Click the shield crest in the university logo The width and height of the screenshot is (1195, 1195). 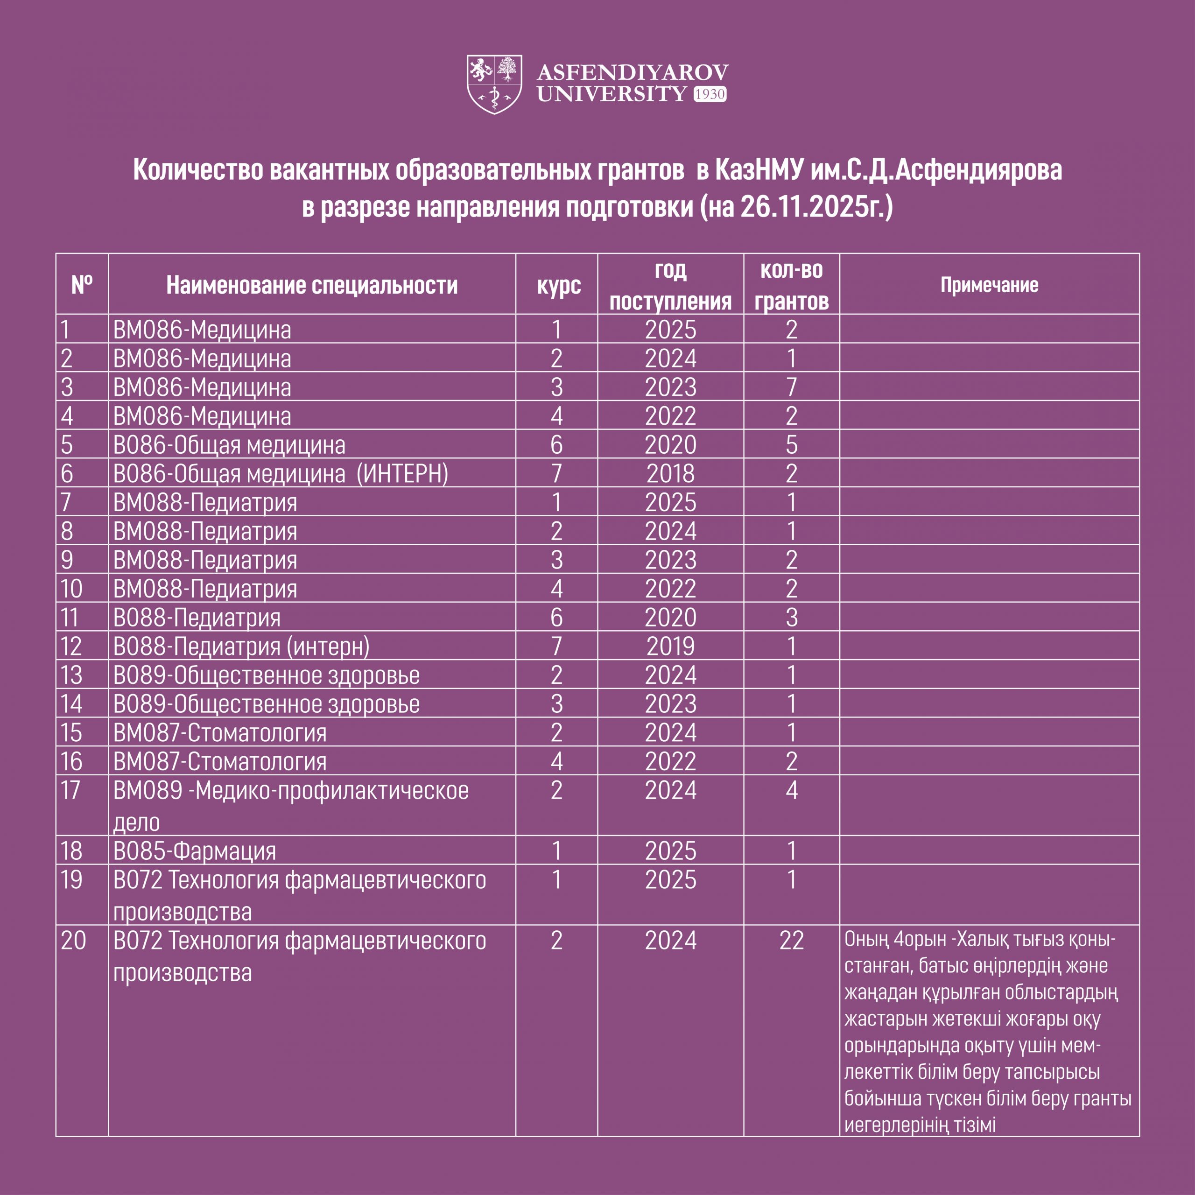[x=494, y=84]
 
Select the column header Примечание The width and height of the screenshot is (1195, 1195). [x=989, y=285]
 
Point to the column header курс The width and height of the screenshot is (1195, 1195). [x=559, y=285]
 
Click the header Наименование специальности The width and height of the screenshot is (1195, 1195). [x=312, y=285]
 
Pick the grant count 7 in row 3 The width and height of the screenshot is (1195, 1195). [x=791, y=387]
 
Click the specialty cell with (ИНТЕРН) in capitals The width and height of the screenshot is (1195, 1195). [x=280, y=474]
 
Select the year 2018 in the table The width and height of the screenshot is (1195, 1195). [x=670, y=474]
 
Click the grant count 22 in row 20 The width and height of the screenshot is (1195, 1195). [x=791, y=941]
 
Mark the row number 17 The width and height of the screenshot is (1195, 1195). [x=70, y=790]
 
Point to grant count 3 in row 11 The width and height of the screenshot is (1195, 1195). [x=791, y=617]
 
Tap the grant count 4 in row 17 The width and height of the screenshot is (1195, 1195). [x=791, y=790]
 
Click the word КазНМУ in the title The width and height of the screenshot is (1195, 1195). [x=759, y=170]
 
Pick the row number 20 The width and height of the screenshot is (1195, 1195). [x=73, y=941]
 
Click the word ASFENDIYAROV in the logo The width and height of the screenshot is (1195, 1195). [x=632, y=72]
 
